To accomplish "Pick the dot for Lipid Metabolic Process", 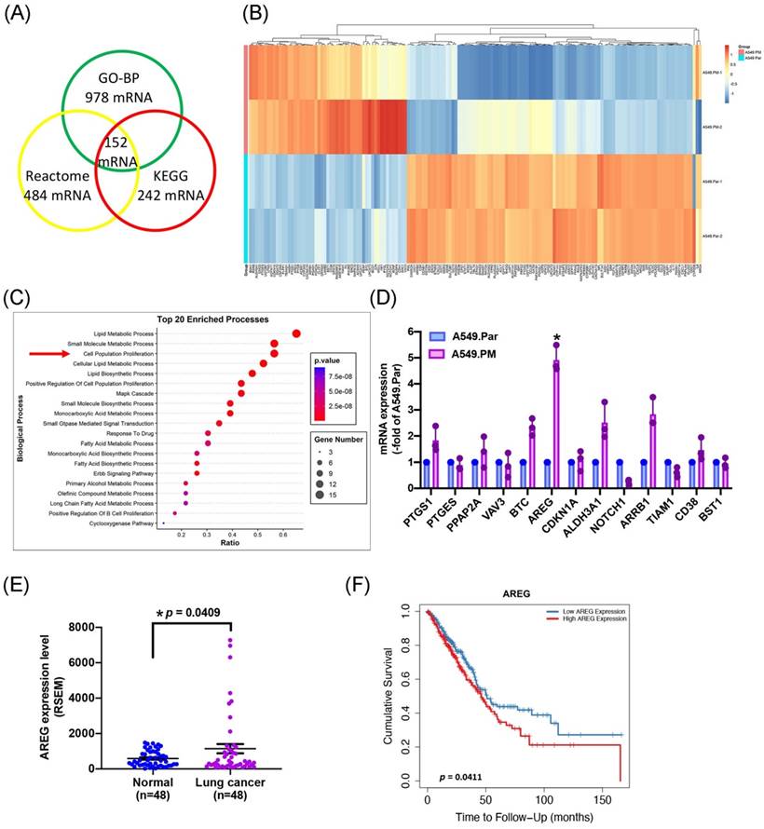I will [296, 334].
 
